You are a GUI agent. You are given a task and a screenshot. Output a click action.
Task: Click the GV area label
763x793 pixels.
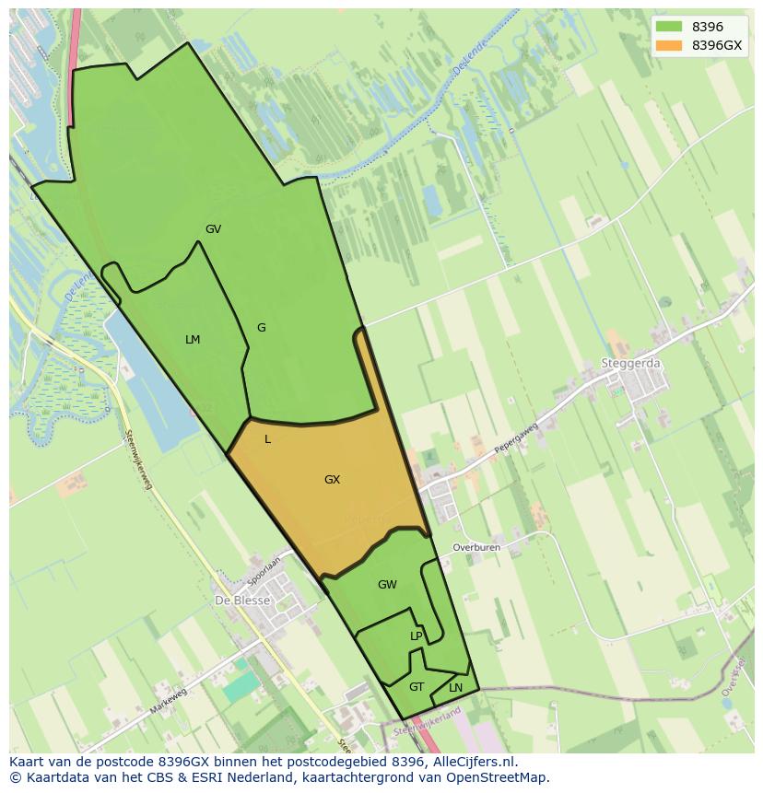click(x=213, y=229)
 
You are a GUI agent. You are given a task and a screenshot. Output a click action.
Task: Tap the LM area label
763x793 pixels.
click(x=193, y=340)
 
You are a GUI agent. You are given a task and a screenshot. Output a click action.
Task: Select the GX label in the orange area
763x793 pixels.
click(x=332, y=480)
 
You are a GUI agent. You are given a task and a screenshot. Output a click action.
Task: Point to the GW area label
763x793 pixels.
click(x=387, y=585)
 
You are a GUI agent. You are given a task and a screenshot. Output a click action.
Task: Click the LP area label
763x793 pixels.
click(x=417, y=636)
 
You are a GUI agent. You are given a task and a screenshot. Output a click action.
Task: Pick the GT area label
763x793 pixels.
click(x=417, y=687)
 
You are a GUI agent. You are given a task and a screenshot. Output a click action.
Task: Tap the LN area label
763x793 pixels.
click(x=455, y=688)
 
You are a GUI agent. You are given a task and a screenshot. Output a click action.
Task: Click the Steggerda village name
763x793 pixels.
click(x=630, y=364)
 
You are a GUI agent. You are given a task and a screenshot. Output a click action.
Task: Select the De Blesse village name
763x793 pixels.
click(x=242, y=601)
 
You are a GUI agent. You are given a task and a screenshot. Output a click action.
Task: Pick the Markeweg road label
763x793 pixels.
click(x=169, y=700)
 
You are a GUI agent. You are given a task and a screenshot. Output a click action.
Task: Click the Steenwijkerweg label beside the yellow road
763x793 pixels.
click(x=136, y=454)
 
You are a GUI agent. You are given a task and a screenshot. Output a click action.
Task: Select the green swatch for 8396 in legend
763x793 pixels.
click(x=669, y=27)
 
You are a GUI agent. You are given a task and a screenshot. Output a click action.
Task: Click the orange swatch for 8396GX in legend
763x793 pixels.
click(x=669, y=45)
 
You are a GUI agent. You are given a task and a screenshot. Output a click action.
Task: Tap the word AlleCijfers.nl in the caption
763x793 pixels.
click(x=474, y=762)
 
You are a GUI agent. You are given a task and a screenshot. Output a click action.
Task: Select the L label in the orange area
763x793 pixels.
click(x=267, y=439)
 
